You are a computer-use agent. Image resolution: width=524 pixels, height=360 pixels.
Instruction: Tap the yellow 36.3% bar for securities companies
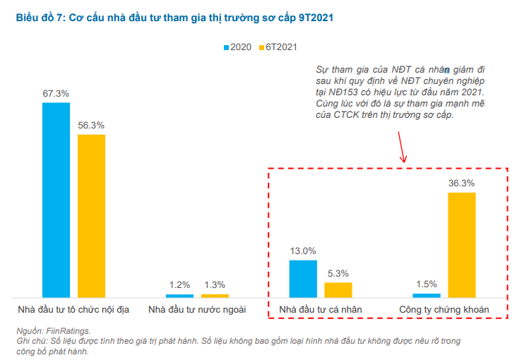point(462,244)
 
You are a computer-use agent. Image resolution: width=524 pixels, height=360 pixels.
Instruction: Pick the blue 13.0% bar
point(303,278)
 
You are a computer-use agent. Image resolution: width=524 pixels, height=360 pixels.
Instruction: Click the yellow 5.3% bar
point(338,289)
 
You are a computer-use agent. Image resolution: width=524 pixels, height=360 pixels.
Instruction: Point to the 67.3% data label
point(56,93)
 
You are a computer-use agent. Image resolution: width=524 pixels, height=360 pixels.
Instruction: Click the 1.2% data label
point(179,285)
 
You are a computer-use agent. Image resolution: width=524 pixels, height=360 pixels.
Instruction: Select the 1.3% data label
point(214,285)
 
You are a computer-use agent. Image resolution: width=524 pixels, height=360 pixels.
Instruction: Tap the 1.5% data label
point(427,284)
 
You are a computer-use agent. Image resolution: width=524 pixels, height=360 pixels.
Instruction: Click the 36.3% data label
point(462,183)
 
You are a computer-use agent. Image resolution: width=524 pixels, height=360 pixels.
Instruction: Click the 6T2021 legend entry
point(278,47)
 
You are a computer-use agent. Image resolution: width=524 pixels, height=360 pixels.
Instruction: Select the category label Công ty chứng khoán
point(443,309)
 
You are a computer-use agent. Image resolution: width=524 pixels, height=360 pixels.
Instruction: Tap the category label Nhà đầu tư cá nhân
point(320,309)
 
